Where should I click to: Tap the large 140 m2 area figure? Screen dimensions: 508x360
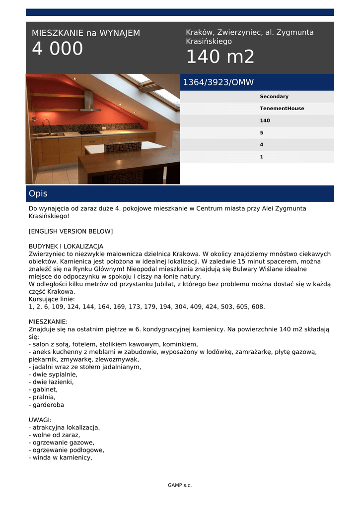coord(220,58)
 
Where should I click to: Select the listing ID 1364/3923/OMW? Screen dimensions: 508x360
coord(218,82)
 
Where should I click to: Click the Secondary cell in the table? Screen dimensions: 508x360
coord(274,97)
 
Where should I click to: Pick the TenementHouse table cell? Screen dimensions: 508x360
coord(282,109)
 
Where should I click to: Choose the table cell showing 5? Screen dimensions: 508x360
coord(262,133)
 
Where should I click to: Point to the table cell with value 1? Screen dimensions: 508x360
coord(262,157)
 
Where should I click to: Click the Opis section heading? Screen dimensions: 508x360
coord(38,193)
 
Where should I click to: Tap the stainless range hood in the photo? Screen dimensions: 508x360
coord(89,102)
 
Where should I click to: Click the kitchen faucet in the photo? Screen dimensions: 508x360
coord(46,125)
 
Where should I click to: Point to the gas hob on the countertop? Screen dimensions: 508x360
coord(90,132)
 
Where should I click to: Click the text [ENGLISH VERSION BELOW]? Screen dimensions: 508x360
coord(71,231)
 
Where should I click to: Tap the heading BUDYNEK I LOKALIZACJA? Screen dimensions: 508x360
coord(66,246)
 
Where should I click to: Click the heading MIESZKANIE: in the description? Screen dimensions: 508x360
coord(48,321)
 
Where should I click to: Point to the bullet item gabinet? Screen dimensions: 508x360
coord(45,389)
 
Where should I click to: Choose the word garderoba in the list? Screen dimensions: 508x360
coord(48,405)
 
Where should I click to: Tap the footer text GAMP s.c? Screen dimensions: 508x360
coord(180,485)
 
